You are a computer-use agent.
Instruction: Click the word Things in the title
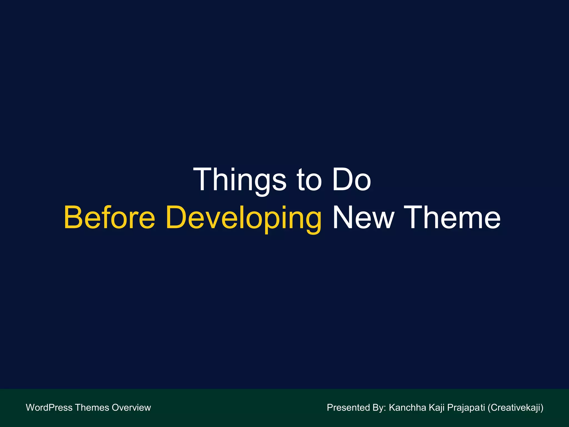[239, 180]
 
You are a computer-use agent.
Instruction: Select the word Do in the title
[351, 180]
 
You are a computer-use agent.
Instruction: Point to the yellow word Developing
[243, 218]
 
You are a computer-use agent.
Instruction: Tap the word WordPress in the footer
[49, 408]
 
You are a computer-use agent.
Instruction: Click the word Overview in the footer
[131, 408]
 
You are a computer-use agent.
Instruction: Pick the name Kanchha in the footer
[407, 408]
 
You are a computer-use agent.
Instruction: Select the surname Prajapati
[466, 408]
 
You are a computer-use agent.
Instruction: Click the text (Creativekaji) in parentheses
[515, 408]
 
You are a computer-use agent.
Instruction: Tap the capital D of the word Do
[341, 180]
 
